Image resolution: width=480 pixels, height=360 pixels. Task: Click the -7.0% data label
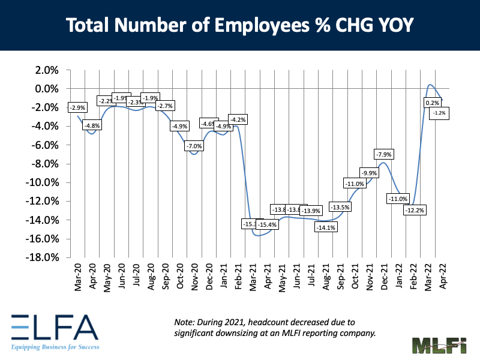(x=194, y=146)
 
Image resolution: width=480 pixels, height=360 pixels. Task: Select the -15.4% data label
(x=267, y=224)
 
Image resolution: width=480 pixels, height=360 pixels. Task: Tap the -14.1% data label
(x=329, y=227)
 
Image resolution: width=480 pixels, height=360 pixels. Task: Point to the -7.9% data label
(x=383, y=155)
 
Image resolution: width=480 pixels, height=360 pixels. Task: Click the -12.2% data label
(x=414, y=210)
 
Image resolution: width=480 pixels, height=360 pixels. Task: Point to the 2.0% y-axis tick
(x=46, y=70)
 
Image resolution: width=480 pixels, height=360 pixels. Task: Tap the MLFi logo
(x=439, y=347)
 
